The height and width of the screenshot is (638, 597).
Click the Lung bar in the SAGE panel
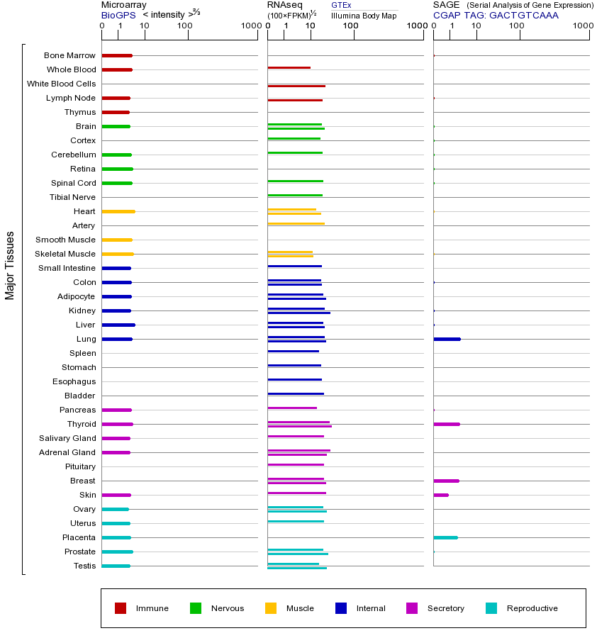[447, 339]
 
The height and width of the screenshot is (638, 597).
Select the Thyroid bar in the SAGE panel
[447, 424]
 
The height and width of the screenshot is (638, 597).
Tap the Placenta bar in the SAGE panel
[445, 537]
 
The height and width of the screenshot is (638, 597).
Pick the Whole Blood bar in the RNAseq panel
[289, 67]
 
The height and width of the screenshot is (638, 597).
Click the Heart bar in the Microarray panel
[118, 211]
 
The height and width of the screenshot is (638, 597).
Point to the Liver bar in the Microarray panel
[118, 325]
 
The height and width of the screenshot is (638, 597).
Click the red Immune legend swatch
[121, 608]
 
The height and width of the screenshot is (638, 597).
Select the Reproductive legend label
[532, 608]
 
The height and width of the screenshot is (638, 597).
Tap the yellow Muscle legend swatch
[271, 608]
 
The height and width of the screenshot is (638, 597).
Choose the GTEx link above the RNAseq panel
[341, 5]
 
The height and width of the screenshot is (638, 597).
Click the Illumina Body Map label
[364, 15]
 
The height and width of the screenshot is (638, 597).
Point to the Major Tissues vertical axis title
[10, 265]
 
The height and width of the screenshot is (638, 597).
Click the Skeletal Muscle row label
[65, 254]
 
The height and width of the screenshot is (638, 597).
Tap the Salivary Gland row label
[67, 438]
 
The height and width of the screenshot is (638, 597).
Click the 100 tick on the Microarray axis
[185, 26]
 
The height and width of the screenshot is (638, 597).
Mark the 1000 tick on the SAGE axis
[583, 26]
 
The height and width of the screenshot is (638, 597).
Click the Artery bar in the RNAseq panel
[296, 223]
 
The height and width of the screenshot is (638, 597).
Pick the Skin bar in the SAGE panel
[441, 495]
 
